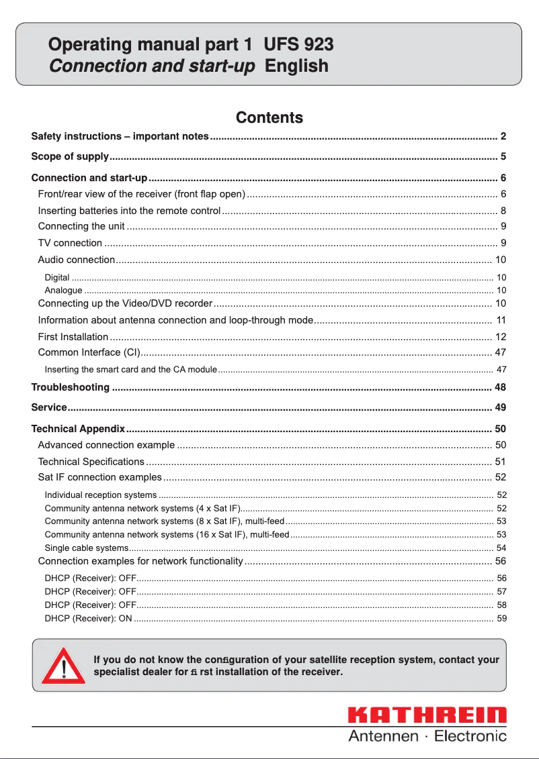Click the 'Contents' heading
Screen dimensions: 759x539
(x=269, y=118)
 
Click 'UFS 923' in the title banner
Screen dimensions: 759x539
(x=298, y=45)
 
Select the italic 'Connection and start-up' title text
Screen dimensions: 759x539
(x=152, y=66)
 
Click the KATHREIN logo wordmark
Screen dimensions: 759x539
(x=427, y=716)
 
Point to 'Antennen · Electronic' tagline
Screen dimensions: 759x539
(x=427, y=736)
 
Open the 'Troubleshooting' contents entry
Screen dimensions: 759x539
(x=71, y=387)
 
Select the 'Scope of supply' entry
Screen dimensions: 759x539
(x=70, y=157)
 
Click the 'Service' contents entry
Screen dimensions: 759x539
(x=49, y=407)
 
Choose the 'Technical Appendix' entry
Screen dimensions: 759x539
(x=78, y=429)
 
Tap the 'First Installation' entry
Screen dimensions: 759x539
(x=73, y=337)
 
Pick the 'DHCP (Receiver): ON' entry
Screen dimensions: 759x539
(x=88, y=618)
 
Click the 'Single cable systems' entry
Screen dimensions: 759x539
(x=82, y=548)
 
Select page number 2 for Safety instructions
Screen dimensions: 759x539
(x=503, y=137)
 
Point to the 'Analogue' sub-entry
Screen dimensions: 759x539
(x=63, y=291)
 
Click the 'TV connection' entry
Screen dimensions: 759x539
(x=70, y=243)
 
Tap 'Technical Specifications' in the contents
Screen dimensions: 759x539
(x=91, y=462)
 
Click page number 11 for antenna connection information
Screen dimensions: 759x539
(x=501, y=320)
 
